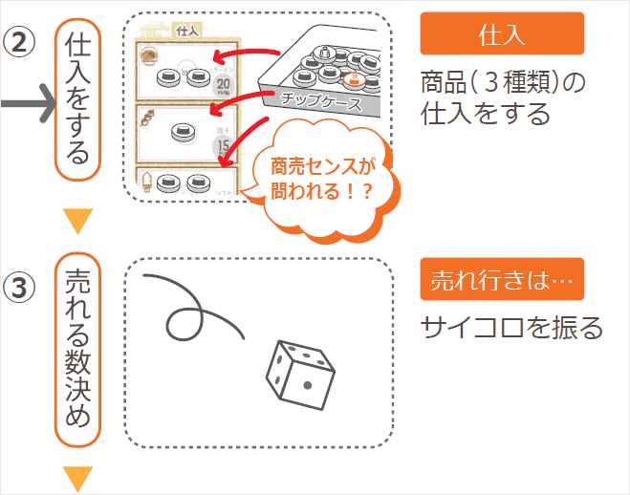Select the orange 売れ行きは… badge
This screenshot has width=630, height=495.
click(x=501, y=279)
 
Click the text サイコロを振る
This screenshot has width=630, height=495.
click(x=512, y=328)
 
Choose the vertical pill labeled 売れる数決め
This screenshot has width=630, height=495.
click(x=78, y=349)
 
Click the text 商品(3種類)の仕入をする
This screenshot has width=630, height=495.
click(x=501, y=99)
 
